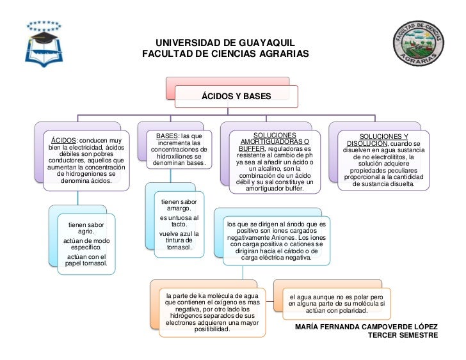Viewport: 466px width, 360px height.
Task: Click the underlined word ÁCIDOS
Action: point(64,141)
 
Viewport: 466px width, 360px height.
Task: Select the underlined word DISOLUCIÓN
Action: point(367,144)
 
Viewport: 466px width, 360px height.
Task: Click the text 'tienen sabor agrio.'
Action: point(86,228)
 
